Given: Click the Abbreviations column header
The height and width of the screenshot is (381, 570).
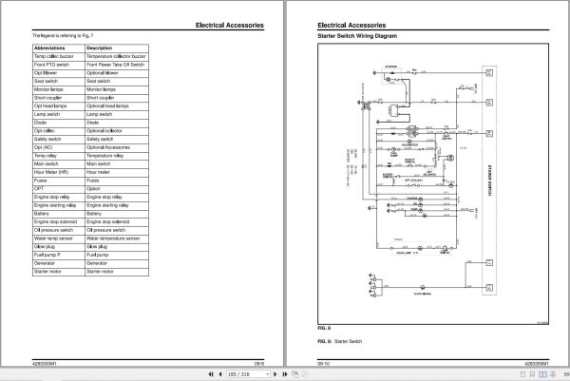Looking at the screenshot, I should [53, 48].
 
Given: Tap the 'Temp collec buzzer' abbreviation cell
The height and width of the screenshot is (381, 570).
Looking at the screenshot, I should [54, 56].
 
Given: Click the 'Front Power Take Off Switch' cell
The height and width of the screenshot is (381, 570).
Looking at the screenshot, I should [116, 65].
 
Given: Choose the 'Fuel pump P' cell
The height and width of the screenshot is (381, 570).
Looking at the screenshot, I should [49, 256].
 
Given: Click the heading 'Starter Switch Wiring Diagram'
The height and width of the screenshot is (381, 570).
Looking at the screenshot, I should [357, 35].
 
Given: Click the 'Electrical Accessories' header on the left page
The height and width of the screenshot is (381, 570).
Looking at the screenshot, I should [228, 26].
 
